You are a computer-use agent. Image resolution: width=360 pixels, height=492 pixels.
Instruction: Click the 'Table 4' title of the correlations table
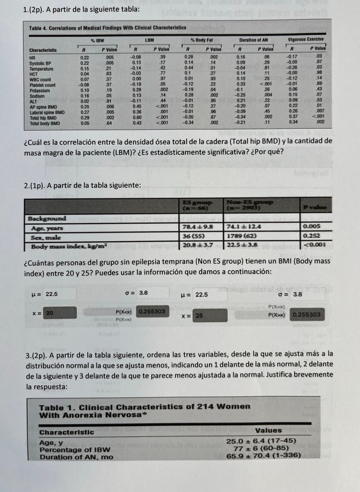108,28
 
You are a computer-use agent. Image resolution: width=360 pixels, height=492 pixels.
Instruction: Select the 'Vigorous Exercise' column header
306,39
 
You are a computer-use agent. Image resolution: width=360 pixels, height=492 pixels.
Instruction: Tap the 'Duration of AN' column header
254,39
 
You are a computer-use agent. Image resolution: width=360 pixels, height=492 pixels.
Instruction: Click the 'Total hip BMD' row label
43,118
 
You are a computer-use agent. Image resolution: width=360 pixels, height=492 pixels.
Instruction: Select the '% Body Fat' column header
204,39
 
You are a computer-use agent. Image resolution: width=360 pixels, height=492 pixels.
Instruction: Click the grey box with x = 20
60,313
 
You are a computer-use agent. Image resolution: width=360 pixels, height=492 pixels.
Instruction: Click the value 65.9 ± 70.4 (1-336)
263,455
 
